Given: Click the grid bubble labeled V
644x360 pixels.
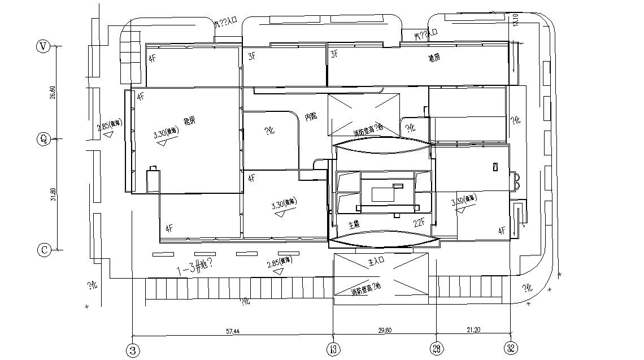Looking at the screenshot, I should pyautogui.click(x=42, y=47).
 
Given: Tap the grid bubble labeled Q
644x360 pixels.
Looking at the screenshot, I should pyautogui.click(x=42, y=139).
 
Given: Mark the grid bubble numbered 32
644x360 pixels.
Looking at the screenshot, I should pyautogui.click(x=511, y=348).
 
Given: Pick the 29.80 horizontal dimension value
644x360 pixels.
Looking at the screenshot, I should pyautogui.click(x=384, y=330).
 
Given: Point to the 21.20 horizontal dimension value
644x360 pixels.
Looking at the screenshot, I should pyautogui.click(x=473, y=330).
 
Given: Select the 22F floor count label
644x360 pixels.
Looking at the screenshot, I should pyautogui.click(x=419, y=223).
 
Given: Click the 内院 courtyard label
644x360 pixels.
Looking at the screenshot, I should pyautogui.click(x=311, y=116).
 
